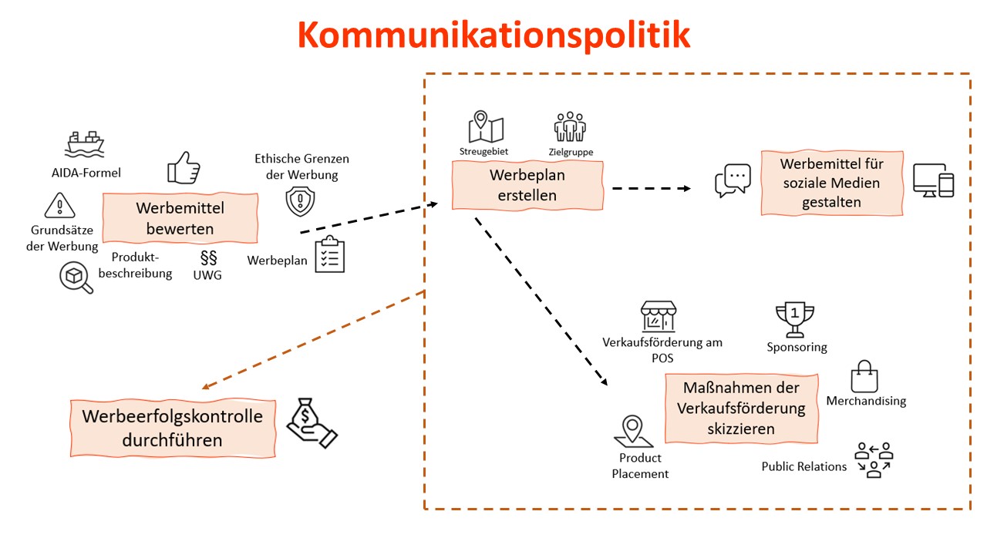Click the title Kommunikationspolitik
click(493, 35)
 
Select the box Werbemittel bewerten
click(180, 218)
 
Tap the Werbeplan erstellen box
click(527, 185)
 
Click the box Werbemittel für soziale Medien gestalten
click(831, 183)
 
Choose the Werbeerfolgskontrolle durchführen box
click(172, 428)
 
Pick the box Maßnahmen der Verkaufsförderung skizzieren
click(741, 408)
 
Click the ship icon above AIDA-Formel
click(85, 143)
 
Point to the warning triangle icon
click(58, 206)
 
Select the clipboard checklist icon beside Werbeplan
click(329, 254)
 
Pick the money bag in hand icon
click(312, 423)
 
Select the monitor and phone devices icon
click(933, 180)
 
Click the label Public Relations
click(803, 466)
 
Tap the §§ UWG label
click(207, 266)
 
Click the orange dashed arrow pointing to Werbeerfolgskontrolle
click(312, 340)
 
